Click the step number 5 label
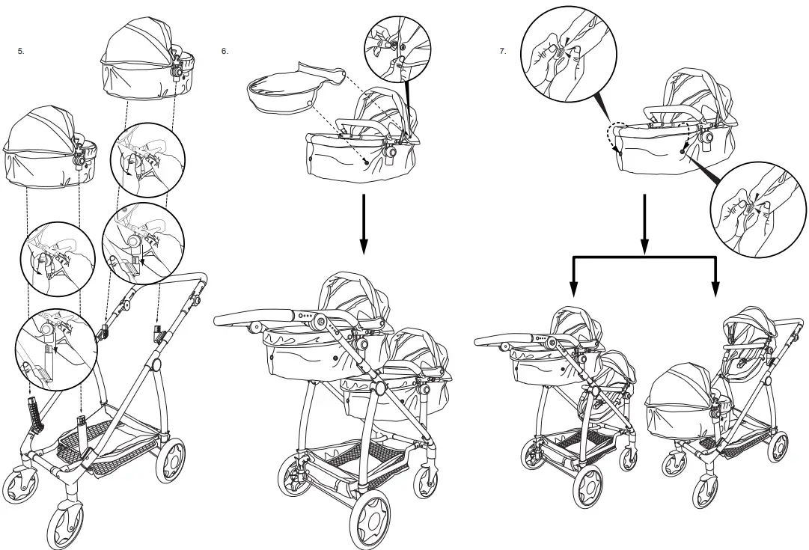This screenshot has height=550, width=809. tap(21, 52)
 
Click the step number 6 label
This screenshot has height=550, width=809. tap(225, 52)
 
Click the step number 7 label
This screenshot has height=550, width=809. tap(503, 52)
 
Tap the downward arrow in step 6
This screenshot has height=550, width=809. tap(362, 224)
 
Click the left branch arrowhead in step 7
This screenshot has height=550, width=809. tap(573, 289)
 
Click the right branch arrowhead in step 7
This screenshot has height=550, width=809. tap(715, 289)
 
